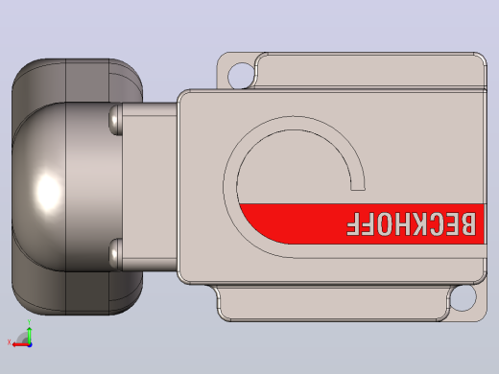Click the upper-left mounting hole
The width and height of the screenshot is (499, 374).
tap(241, 76)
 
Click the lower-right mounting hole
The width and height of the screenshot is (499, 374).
tap(463, 297)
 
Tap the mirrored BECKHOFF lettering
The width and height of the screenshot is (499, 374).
tap(411, 223)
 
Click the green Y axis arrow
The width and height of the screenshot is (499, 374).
tap(30, 335)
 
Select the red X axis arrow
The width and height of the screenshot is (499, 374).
tap(20, 344)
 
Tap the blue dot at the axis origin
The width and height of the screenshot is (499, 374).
tap(30, 345)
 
